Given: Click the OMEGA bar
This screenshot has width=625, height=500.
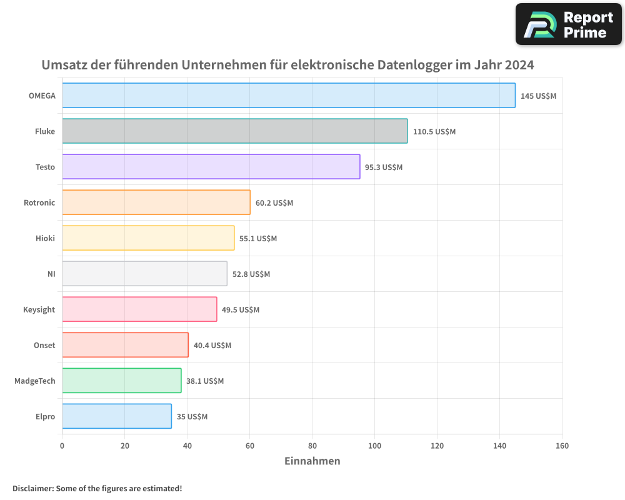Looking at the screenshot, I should (x=289, y=96).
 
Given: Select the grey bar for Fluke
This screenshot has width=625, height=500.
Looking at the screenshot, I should (x=235, y=131).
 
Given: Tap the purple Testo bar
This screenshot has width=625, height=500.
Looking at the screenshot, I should (x=211, y=167).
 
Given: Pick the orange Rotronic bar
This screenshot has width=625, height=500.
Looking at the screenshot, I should (x=156, y=202).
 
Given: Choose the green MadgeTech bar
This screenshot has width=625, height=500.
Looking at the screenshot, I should (x=122, y=381).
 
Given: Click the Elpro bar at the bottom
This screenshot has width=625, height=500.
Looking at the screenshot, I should (x=117, y=416).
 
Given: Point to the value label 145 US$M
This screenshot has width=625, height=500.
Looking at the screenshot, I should (x=538, y=96).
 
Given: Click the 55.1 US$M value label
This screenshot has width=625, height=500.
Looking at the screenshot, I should (x=258, y=239).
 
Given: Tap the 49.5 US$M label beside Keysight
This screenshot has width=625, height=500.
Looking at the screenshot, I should (x=241, y=310).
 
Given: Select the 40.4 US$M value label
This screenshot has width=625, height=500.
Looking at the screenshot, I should (x=212, y=346).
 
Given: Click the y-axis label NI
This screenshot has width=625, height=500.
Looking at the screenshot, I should (x=51, y=274).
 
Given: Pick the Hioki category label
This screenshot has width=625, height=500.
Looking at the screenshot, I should (x=45, y=238).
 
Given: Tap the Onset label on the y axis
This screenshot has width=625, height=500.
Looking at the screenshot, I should (x=44, y=345).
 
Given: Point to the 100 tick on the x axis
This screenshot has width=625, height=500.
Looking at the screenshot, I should (x=374, y=446).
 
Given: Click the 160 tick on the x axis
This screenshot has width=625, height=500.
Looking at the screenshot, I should (x=562, y=446).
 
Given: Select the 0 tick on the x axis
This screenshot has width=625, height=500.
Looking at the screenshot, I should (x=62, y=446).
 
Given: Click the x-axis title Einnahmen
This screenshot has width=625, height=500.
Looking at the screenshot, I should (x=312, y=461).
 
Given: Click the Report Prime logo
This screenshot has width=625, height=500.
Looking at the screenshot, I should (x=569, y=24).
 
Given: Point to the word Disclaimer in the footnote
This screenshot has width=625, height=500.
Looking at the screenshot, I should (x=32, y=488).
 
